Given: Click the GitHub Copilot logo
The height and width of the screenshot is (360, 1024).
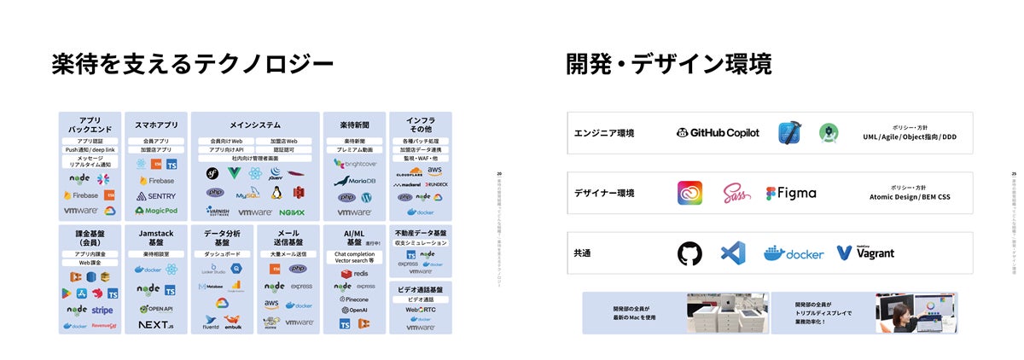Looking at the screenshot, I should coord(718,132).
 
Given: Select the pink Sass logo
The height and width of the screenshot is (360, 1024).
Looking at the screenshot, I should coord(736,193).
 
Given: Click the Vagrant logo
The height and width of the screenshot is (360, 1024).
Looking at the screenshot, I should coord(865,253).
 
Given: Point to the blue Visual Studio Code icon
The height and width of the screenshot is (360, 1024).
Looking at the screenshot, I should coord(732,253).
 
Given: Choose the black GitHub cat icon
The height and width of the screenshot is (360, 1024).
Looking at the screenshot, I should coord(689,253).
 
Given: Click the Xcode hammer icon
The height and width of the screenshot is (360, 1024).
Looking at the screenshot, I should coord(788,132).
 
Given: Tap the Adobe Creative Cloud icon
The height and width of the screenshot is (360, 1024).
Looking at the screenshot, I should coord(689,193).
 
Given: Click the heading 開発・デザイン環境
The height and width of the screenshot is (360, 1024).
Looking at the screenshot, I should coord(668,64).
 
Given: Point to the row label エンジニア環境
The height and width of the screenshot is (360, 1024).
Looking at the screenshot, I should coord(603,133).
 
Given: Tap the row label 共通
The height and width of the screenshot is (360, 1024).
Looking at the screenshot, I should coord(583,253).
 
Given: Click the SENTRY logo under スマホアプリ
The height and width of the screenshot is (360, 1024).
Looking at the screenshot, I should coord(156,196).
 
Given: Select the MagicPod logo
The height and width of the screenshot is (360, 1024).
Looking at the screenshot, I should coord(156,211).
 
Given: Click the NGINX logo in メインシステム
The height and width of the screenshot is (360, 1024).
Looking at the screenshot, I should coord(293,212).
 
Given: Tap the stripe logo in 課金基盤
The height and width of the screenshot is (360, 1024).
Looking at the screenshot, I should coord(102,311).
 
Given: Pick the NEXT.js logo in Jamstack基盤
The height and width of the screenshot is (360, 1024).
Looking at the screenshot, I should coord(156,325).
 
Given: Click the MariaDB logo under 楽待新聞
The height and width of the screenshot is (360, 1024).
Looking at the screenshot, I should coord(355,181).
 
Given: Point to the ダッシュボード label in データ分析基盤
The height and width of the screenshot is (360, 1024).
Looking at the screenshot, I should coord(222,254).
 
